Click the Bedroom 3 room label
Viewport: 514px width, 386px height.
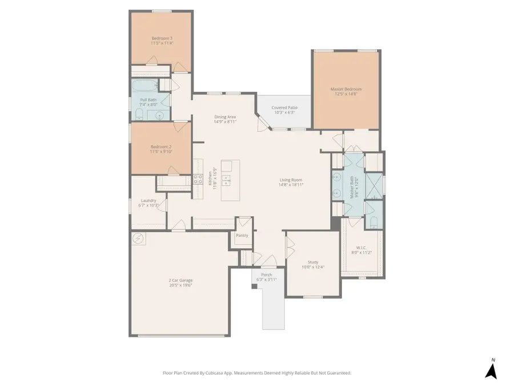point(162,38)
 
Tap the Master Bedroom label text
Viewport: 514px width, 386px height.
point(346,89)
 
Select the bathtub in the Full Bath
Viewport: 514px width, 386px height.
point(143,87)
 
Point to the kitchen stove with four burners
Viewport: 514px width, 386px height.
point(198,180)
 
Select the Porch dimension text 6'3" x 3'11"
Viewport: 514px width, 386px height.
point(267,280)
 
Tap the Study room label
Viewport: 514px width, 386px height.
point(313,262)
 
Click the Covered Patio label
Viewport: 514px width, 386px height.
point(284,108)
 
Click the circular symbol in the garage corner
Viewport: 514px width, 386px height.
point(138,238)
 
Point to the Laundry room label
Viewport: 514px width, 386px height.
point(148,200)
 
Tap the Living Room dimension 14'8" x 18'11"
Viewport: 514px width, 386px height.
point(291,185)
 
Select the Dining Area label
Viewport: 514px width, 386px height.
point(225,117)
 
